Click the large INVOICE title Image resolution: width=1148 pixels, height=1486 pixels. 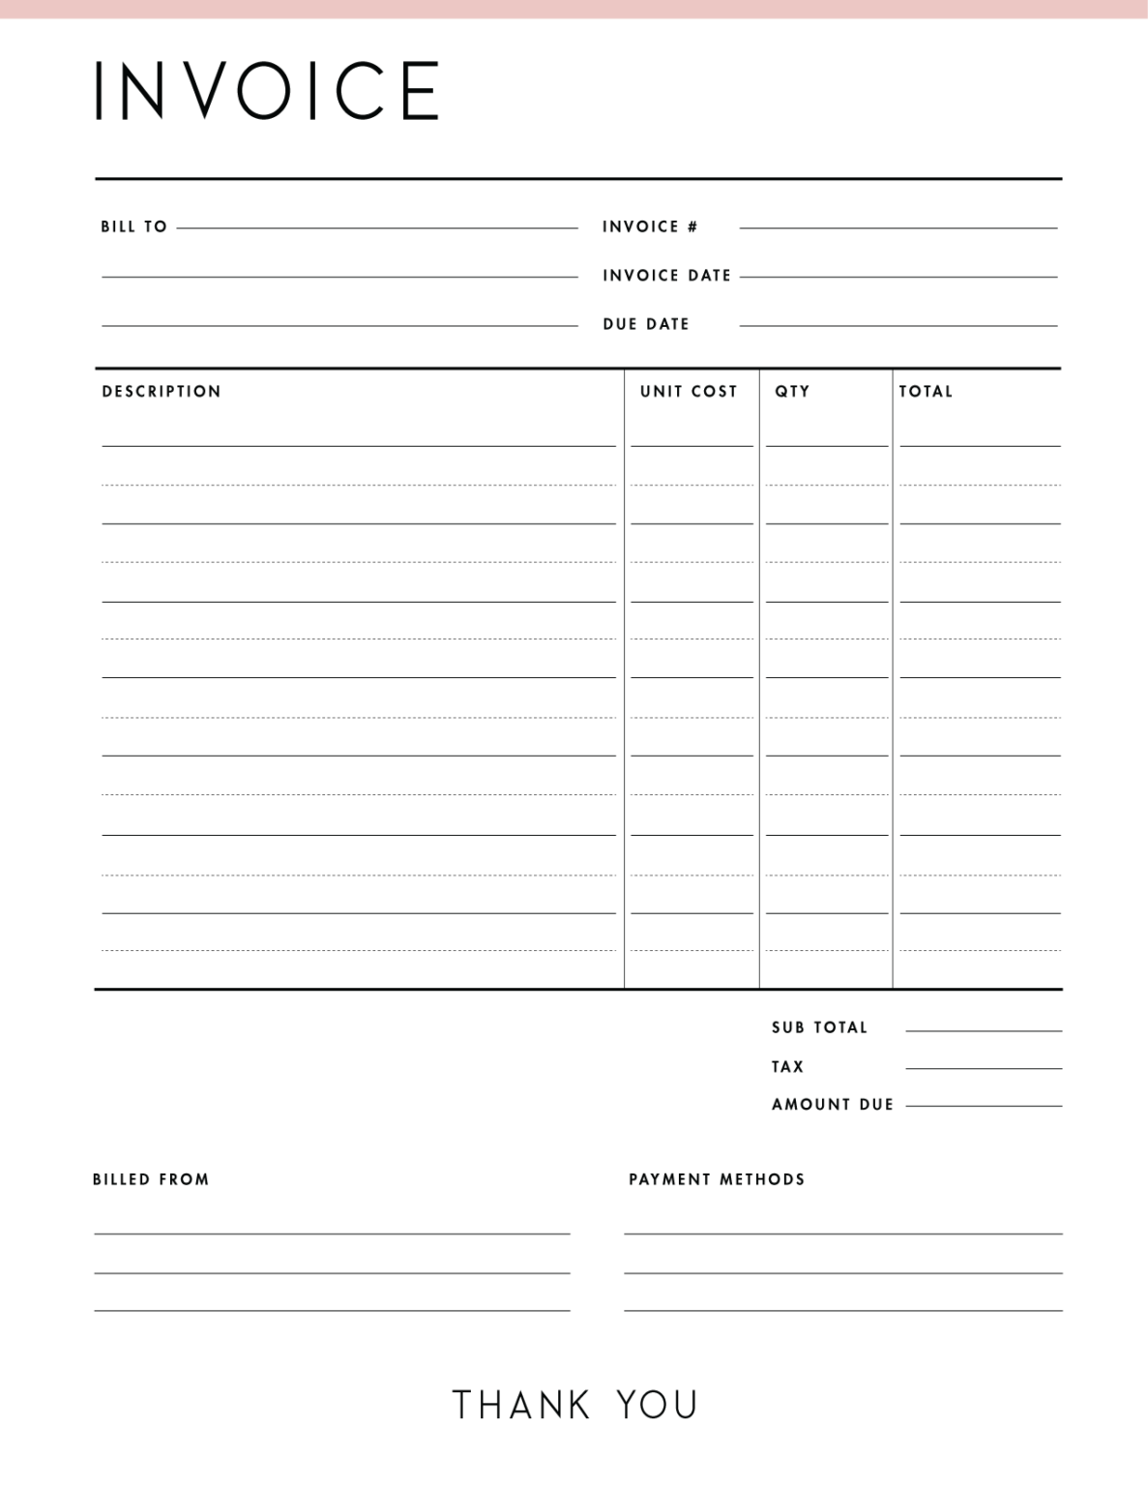(267, 91)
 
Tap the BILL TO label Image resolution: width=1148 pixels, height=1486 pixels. (133, 226)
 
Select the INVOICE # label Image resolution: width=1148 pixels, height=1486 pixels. (650, 226)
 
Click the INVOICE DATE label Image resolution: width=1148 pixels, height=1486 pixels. (666, 276)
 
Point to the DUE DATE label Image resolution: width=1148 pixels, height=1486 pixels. (646, 324)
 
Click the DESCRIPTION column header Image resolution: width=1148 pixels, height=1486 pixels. (162, 392)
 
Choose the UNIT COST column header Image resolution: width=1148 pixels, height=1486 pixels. (689, 392)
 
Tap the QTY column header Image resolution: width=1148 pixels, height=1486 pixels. (792, 392)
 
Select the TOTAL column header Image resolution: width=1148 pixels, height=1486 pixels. (926, 392)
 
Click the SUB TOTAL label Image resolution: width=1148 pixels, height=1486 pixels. (819, 1027)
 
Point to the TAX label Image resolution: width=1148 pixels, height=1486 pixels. (787, 1067)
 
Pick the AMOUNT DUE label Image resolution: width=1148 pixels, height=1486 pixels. (833, 1105)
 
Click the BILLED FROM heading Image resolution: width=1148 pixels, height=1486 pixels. (151, 1179)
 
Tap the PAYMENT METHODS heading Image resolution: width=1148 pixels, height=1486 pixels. (717, 1179)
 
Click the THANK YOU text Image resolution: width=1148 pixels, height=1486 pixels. (574, 1405)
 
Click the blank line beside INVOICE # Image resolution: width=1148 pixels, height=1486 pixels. (898, 227)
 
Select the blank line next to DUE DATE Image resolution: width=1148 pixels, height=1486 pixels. (898, 325)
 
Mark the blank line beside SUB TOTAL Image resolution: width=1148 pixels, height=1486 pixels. (984, 1030)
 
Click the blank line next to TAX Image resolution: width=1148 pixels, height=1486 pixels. (984, 1068)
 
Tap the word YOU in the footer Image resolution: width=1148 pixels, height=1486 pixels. (658, 1405)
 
